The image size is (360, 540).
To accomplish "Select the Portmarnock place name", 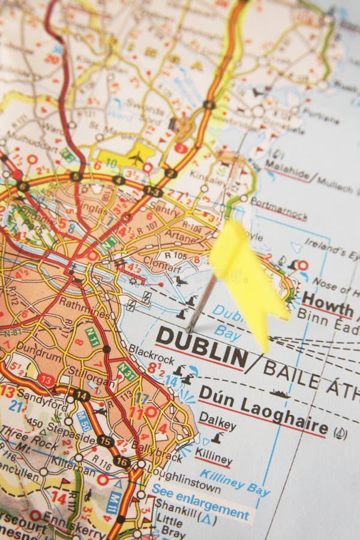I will coord(279,208).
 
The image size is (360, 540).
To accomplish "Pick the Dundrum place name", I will coord(38,346).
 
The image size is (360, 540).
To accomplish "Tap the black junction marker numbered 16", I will coord(122,462).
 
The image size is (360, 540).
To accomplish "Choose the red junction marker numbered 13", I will coord(46,379).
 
